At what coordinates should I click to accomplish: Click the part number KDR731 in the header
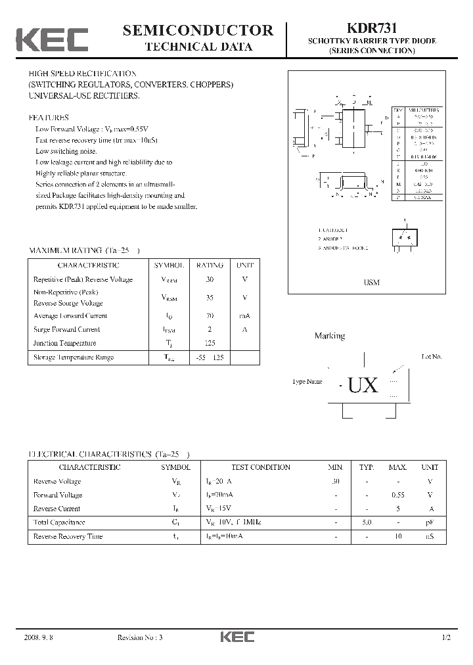point(371,29)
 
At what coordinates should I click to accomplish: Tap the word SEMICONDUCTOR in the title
point(198,30)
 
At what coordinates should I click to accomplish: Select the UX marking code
point(363,385)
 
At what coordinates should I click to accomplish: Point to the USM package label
point(372,282)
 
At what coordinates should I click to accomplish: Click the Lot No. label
point(431,357)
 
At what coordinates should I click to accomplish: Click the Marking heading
point(329,336)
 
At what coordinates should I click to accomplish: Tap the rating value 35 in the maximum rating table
point(210,298)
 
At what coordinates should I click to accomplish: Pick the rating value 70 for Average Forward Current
point(210,316)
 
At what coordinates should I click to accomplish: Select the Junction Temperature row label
point(64,343)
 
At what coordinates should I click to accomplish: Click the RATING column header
point(210,265)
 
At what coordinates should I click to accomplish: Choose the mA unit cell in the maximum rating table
point(244,316)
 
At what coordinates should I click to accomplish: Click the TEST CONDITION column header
point(261,467)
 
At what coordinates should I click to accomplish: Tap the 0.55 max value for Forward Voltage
point(397,495)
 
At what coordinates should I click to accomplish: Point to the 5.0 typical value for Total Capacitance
point(367,522)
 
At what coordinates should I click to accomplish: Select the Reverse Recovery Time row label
point(68,537)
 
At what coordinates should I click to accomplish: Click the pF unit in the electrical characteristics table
point(430,522)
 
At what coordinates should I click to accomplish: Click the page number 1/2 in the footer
point(447,638)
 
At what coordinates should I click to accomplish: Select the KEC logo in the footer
point(236,637)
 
